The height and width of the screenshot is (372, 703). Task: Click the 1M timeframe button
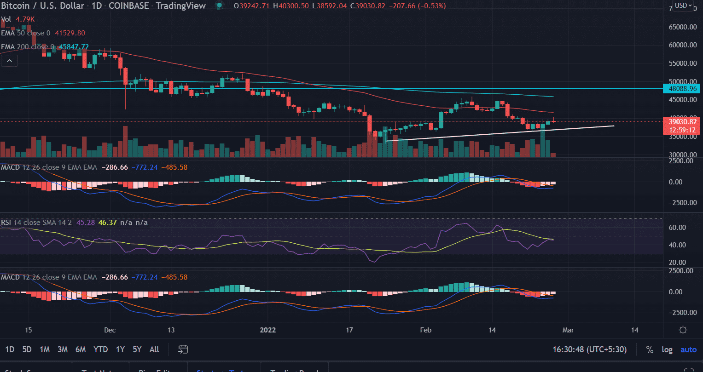coord(44,349)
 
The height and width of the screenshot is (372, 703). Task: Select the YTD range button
coord(100,349)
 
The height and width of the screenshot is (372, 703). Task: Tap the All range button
coord(154,349)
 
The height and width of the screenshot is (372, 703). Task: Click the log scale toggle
coord(667,349)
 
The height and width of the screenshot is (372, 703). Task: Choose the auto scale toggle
coord(688,349)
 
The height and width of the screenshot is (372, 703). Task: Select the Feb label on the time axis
coord(426,330)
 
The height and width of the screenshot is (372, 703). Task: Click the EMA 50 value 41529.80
coord(70,33)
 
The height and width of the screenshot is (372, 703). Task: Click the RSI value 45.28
coord(87,223)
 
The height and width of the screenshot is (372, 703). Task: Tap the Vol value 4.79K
coord(25,19)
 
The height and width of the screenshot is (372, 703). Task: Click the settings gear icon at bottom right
coord(683,330)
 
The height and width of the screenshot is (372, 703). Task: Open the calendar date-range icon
coord(183,349)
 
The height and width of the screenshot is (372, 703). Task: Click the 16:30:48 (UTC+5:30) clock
coord(589,349)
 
